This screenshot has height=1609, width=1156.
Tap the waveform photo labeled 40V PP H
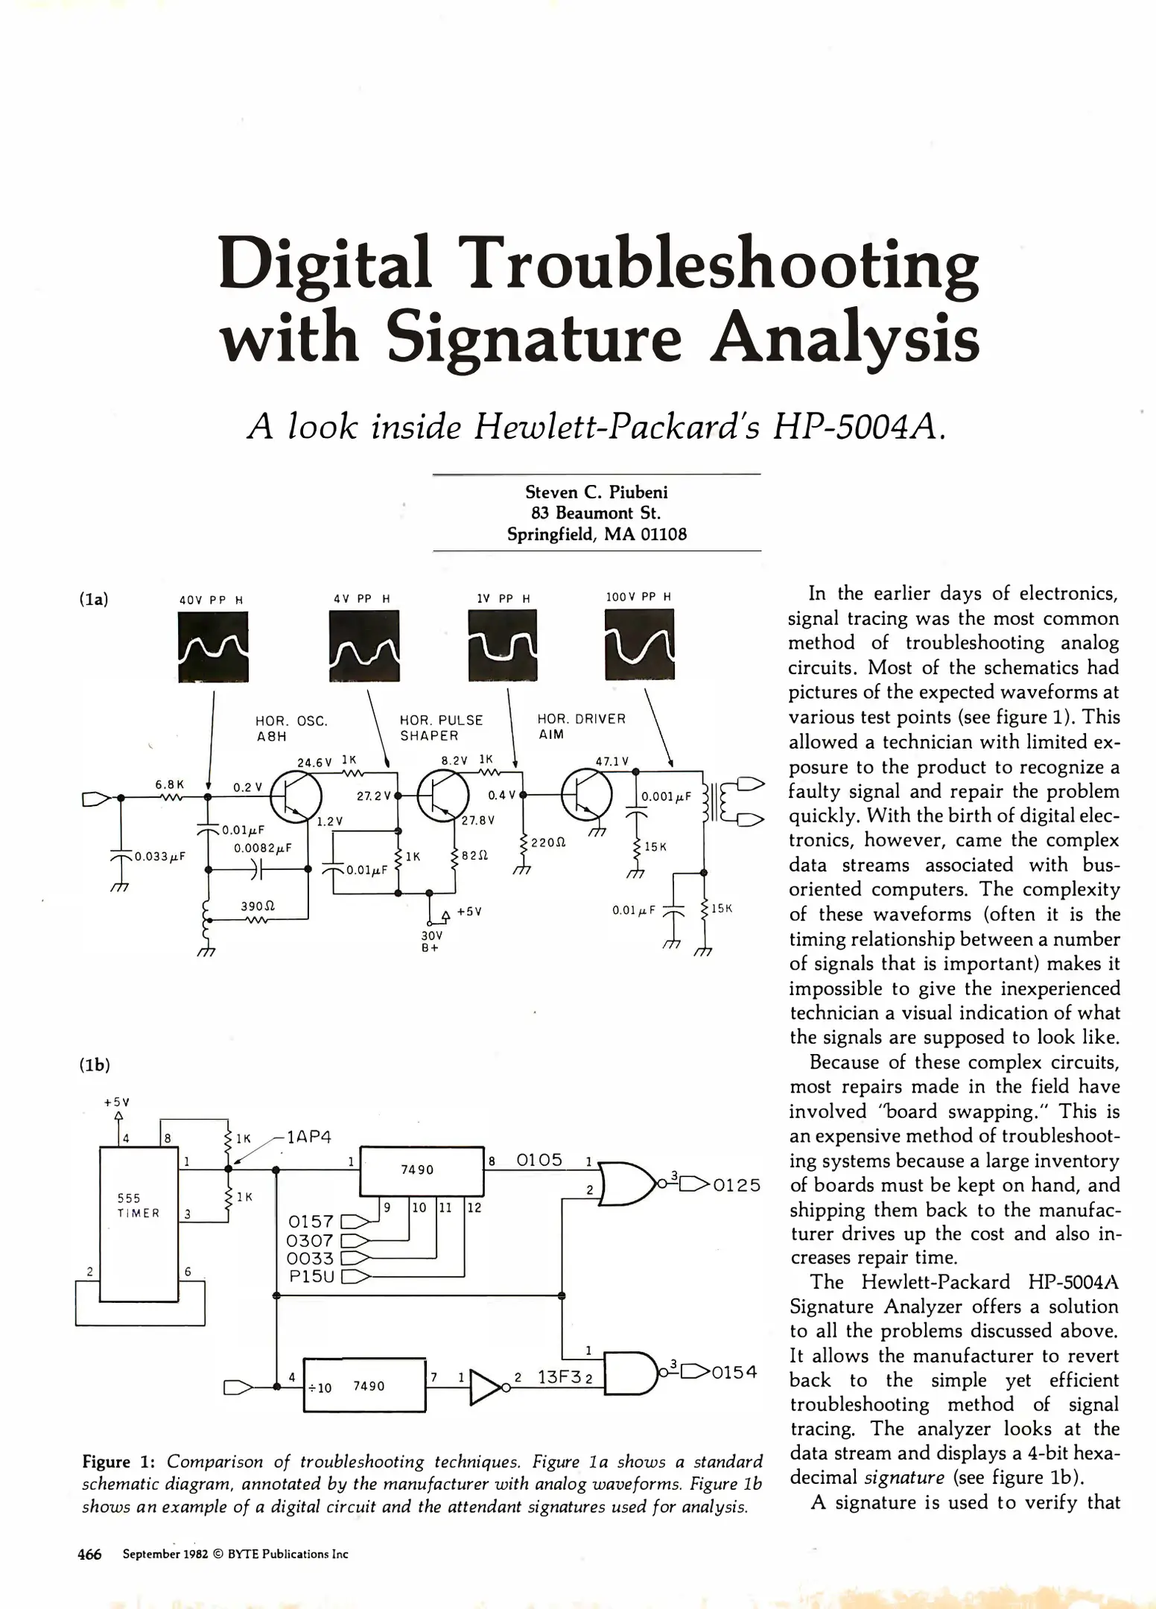[x=213, y=646]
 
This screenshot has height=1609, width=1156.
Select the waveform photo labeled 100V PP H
[x=640, y=644]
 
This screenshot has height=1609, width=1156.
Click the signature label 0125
[x=737, y=1185]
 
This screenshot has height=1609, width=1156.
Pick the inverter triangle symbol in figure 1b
[x=486, y=1387]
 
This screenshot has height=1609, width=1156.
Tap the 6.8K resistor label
[x=170, y=784]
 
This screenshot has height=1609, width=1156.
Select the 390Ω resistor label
[x=258, y=907]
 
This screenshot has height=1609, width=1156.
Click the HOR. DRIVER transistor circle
[x=585, y=796]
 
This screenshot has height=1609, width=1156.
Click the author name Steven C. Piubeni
[x=597, y=492]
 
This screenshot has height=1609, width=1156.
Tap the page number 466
[x=89, y=1554]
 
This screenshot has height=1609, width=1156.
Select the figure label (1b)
[x=95, y=1065]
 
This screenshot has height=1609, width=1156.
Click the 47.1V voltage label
[x=612, y=761]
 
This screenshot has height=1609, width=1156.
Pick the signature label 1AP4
[x=308, y=1137]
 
